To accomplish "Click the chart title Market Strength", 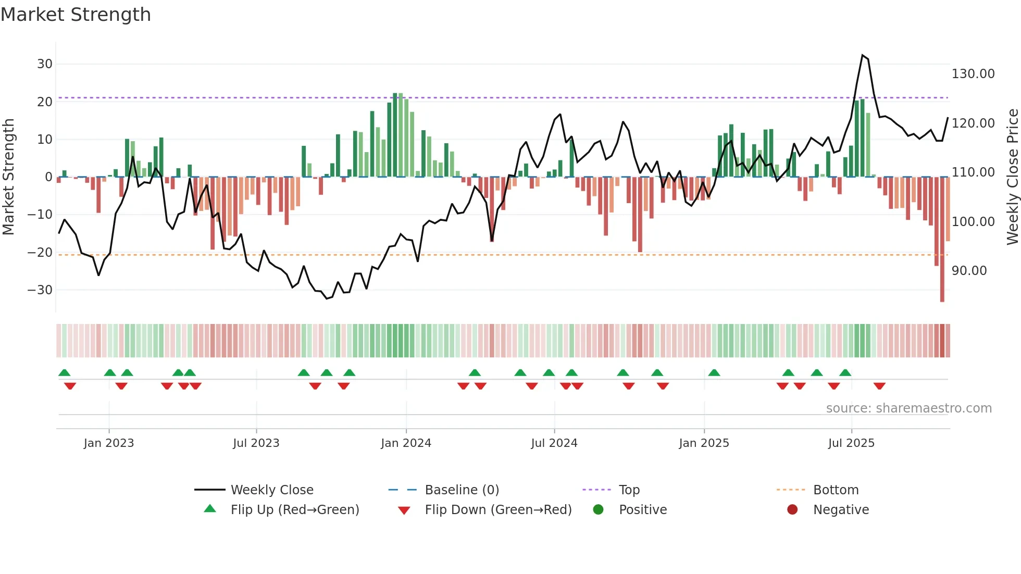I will tap(76, 15).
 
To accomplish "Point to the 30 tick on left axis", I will tap(45, 64).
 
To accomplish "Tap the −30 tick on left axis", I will tap(41, 290).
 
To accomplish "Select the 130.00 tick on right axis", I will tap(973, 74).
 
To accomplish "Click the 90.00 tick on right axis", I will tap(969, 271).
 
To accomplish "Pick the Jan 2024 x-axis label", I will tap(406, 443).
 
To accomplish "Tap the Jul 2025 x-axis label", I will tap(851, 443).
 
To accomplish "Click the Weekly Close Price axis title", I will tap(1012, 177).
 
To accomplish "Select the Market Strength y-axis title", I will tap(9, 177).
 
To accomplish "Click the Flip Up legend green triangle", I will tap(210, 509).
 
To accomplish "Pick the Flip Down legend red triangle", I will tap(404, 510).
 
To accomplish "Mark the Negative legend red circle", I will tap(792, 509).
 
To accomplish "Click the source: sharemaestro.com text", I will tap(908, 408).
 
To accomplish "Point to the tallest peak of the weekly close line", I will tap(863, 55).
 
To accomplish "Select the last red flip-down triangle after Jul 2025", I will tap(879, 386).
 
